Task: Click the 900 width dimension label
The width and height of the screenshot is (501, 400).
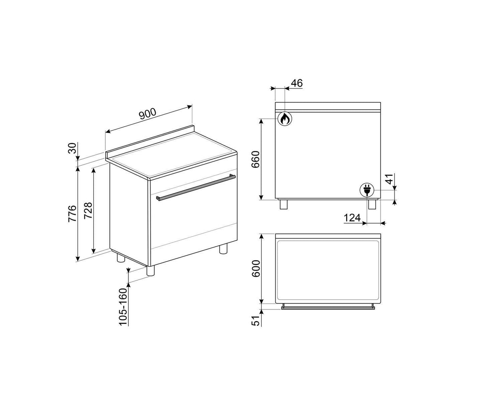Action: (x=148, y=113)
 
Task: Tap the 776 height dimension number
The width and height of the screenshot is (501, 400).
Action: (x=72, y=213)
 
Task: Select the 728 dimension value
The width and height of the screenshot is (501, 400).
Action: (x=88, y=210)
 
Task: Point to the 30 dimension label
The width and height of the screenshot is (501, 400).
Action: (x=72, y=148)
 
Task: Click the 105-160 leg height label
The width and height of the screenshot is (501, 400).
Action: (x=123, y=307)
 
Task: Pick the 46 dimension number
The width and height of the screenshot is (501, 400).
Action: (x=297, y=83)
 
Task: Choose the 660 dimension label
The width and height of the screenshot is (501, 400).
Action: (x=255, y=160)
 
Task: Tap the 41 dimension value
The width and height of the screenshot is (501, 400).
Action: (x=390, y=179)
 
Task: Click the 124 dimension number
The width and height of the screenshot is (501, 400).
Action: (x=352, y=218)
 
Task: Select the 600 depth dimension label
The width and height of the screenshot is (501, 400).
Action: (x=256, y=268)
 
